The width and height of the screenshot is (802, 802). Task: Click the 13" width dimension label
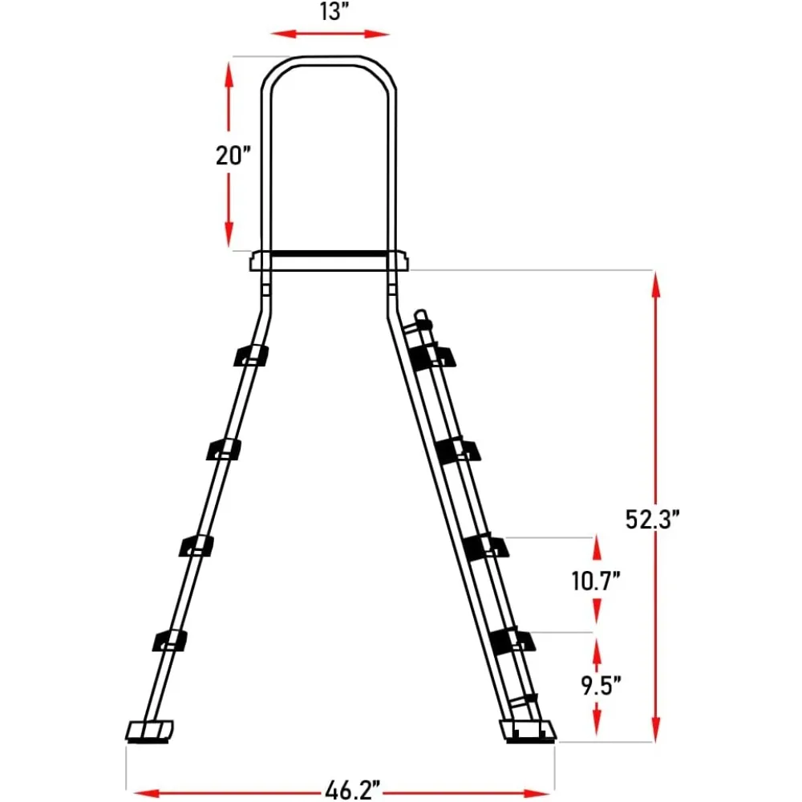[x=334, y=11]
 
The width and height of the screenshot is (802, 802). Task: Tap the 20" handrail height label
[x=233, y=156]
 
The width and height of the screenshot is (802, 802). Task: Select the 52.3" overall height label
[x=652, y=519]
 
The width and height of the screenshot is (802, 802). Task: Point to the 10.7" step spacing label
[x=596, y=581]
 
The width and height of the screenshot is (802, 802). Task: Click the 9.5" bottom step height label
[x=601, y=685]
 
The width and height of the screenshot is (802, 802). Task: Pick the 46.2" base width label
[x=353, y=790]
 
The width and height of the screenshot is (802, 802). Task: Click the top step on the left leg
[x=251, y=355]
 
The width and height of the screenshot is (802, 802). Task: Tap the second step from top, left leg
[x=224, y=449]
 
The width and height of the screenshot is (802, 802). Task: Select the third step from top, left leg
[x=196, y=545]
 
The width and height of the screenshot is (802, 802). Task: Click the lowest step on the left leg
[x=169, y=641]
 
